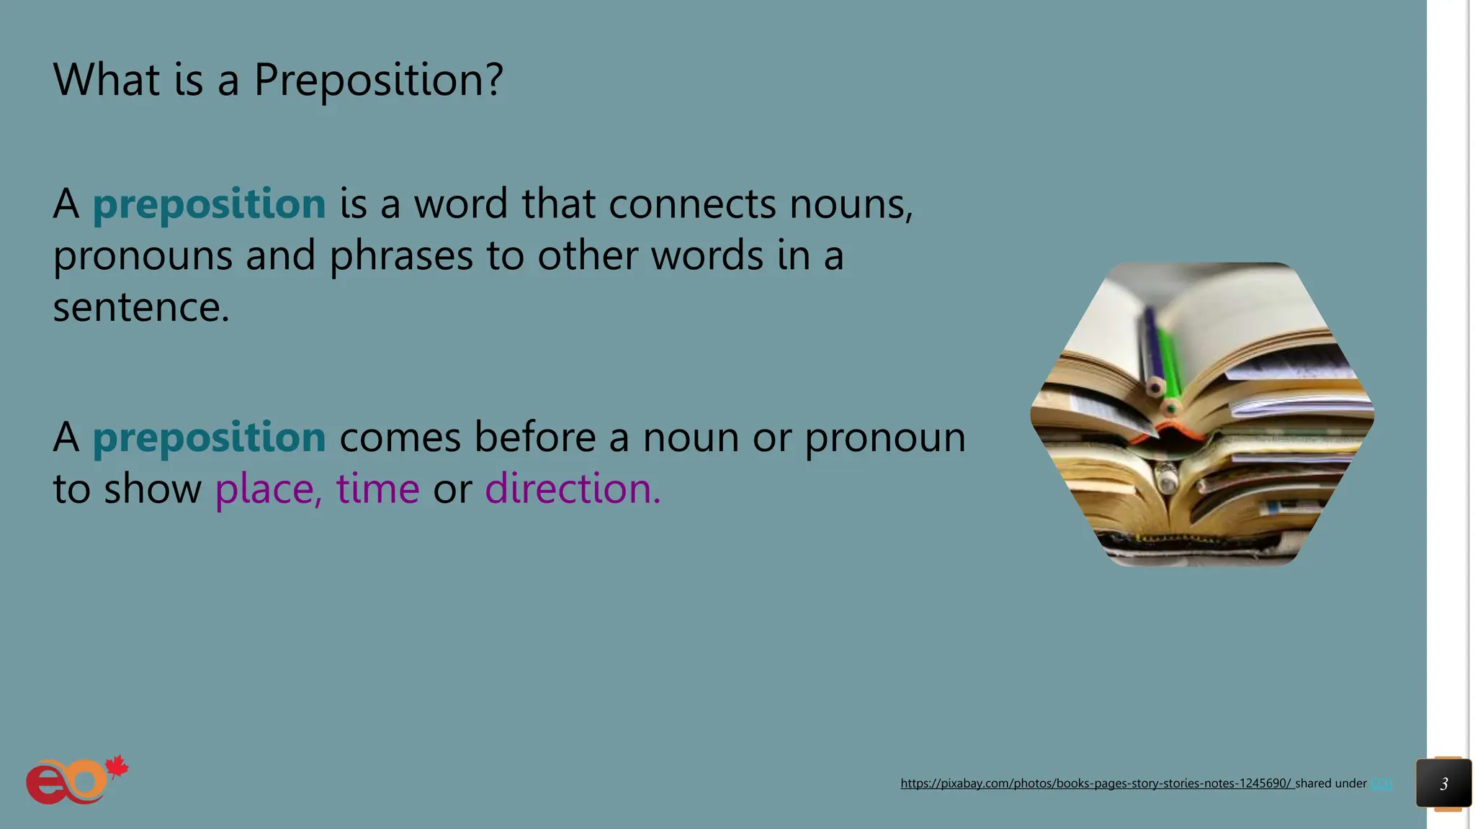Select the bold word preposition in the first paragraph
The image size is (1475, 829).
coord(209,204)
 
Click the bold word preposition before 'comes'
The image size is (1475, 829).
coord(209,438)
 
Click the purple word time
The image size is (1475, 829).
coord(377,489)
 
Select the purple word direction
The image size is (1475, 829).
coord(572,489)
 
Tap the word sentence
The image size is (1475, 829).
coord(140,308)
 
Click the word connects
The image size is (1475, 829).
coord(692,204)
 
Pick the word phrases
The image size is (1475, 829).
coord(401,256)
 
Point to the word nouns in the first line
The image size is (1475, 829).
coord(851,204)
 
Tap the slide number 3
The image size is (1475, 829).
coord(1443,784)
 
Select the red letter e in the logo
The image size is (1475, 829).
coord(45,785)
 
